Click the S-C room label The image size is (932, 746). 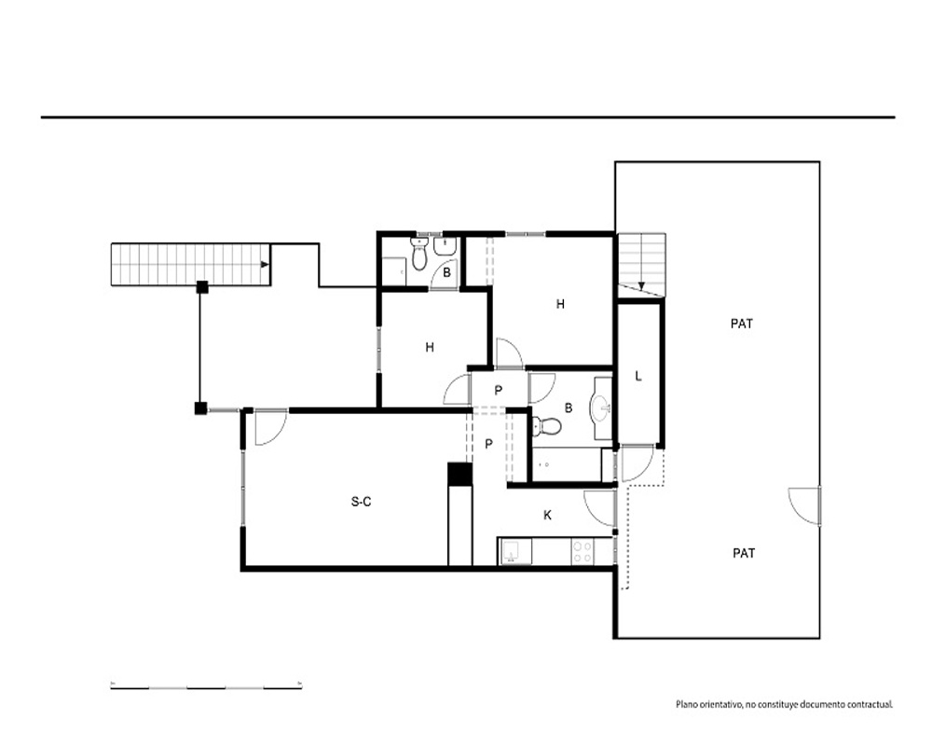coord(361,502)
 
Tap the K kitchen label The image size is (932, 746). coord(547,515)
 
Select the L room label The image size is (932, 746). coord(638,376)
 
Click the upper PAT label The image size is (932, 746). coord(741,324)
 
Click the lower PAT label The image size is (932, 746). coord(744,553)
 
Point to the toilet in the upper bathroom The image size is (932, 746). coord(419,254)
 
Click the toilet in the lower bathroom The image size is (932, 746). coord(546,426)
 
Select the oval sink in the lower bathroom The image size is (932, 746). coord(600,408)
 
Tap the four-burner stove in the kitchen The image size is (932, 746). coord(582,551)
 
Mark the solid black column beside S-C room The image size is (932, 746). coord(459,475)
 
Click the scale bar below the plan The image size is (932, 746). coord(206,687)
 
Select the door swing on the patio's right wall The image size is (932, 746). coord(803,506)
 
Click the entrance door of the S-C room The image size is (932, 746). coord(270,428)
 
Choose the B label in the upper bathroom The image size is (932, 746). coord(447,273)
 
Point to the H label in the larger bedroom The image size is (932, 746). coord(560,304)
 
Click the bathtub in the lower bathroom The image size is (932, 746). coord(568,464)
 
